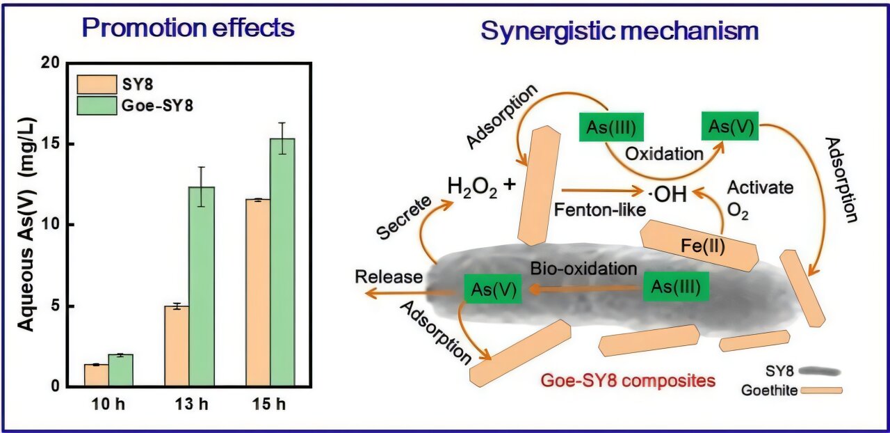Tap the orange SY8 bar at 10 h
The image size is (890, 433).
point(96,375)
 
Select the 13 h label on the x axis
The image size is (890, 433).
point(189,404)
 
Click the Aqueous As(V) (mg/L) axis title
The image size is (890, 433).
point(26,223)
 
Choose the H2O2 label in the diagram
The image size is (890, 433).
point(473,188)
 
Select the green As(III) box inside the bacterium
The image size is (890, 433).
point(676,286)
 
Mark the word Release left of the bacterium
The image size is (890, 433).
point(389,277)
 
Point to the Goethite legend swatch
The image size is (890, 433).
point(821,391)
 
